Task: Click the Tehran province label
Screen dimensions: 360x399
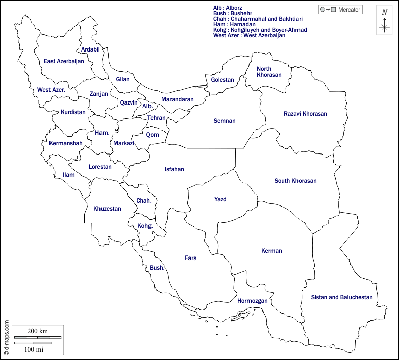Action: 157,118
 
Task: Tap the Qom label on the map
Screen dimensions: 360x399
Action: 153,135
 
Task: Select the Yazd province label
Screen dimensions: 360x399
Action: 220,199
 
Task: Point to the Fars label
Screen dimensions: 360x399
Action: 190,258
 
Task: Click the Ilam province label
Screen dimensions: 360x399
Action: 68,175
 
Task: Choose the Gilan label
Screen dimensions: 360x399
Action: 123,79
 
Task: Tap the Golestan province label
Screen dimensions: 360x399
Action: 223,80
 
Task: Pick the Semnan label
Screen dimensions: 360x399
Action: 225,121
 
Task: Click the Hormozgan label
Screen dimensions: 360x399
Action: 252,301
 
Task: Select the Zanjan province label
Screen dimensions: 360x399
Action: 98,94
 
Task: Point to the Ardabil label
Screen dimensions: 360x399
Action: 90,49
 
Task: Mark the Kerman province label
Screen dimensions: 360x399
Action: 272,251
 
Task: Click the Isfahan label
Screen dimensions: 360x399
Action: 174,169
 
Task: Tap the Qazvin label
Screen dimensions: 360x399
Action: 129,102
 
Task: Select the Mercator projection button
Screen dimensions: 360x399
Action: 340,10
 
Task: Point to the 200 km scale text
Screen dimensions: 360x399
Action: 37,331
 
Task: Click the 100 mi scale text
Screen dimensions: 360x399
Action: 33,349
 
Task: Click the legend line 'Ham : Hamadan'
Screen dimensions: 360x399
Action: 234,24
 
